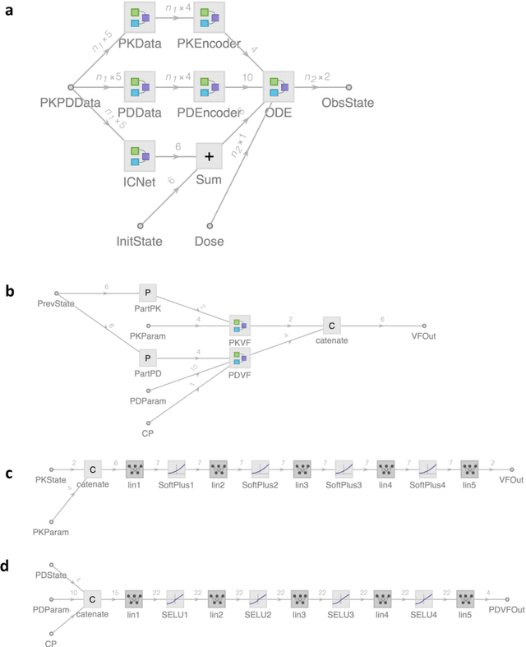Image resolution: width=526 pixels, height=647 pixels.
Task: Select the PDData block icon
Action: pyautogui.click(x=140, y=86)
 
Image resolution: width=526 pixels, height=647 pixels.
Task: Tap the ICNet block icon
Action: pyautogui.click(x=140, y=155)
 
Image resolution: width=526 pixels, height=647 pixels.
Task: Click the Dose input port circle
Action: pyautogui.click(x=210, y=224)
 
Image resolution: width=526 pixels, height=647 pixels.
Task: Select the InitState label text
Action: pyautogui.click(x=140, y=241)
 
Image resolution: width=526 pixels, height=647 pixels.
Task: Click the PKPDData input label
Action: pyautogui.click(x=70, y=103)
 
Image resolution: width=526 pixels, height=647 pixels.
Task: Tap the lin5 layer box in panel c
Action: pyautogui.click(x=469, y=469)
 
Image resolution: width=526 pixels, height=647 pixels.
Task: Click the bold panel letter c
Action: pyautogui.click(x=7, y=474)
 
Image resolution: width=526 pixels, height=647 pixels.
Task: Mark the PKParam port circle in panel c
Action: pyautogui.click(x=52, y=520)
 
